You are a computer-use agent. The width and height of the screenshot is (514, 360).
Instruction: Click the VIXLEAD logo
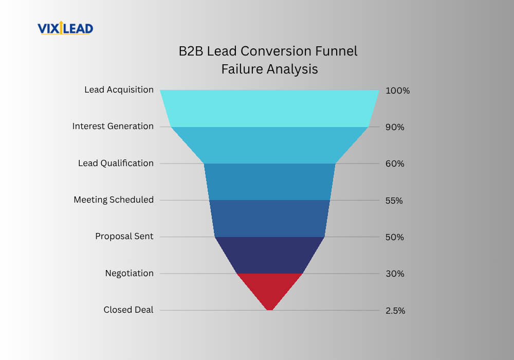coord(65,28)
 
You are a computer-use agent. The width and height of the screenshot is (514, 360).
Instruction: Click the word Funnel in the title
coord(336,51)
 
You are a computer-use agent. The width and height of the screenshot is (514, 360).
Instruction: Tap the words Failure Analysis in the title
coord(269,69)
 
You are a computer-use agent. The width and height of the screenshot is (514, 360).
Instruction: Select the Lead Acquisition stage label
coord(119,90)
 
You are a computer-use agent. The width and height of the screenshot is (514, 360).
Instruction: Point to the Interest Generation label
coord(113,126)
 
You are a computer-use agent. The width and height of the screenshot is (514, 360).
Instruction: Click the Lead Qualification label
coord(116,163)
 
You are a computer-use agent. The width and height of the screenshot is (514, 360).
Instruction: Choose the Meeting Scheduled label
coord(114,200)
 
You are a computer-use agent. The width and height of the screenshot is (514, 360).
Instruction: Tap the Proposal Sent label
coord(124,237)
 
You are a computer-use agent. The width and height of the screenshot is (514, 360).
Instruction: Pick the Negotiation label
coord(129,274)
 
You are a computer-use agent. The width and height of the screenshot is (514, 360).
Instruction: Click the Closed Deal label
coord(128,310)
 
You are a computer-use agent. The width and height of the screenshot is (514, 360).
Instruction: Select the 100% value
coord(398,91)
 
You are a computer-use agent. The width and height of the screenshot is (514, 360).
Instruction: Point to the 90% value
coord(395,127)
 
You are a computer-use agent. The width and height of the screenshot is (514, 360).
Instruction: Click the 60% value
coord(395,164)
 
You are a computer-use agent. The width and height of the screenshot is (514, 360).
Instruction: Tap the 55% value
coord(394,201)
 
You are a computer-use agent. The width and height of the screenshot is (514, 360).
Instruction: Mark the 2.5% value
coord(395,311)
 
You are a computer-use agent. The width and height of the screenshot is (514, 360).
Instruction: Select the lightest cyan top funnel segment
coord(269,108)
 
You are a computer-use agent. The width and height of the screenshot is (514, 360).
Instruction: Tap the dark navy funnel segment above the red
coord(269,255)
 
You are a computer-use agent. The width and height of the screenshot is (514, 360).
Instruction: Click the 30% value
coord(395,274)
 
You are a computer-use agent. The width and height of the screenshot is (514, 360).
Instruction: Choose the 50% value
coord(395,238)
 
